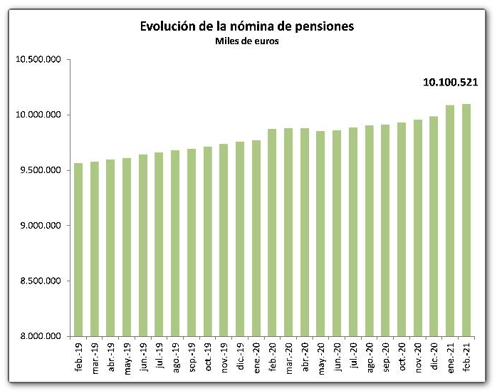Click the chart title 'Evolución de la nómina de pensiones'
247,26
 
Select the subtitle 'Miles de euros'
247,41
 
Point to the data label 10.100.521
450,83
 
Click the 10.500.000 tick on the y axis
38,60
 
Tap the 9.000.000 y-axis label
41,226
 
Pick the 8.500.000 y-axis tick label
41,281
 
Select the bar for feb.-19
78,249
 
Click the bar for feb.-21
466,220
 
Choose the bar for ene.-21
450,221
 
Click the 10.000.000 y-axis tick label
38,115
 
